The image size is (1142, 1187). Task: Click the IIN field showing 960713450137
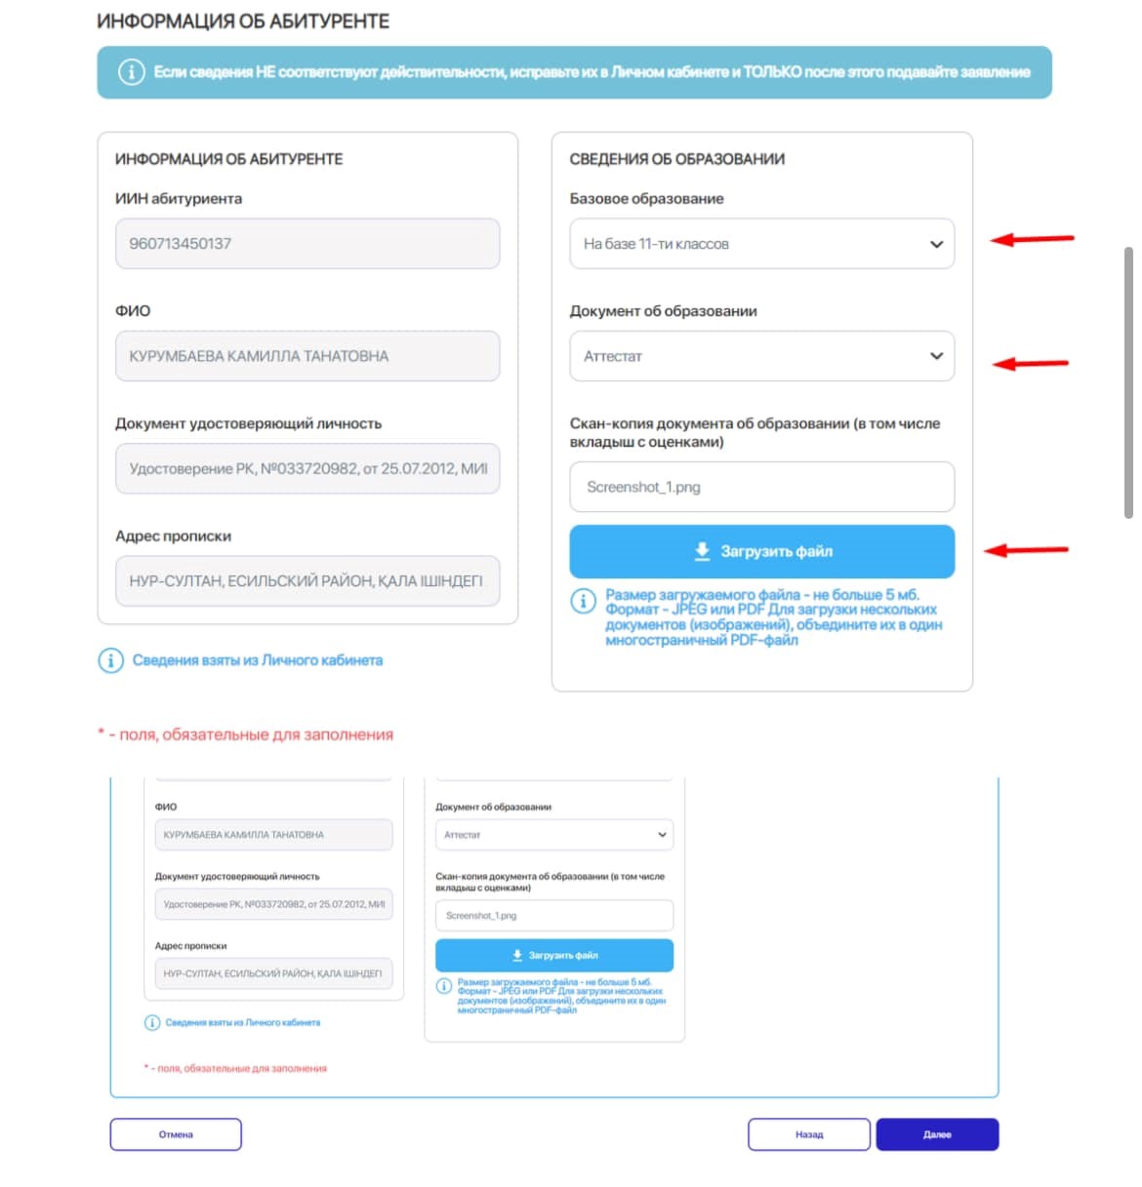306,244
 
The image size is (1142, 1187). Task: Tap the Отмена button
176,1134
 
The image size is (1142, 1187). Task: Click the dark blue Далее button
937,1134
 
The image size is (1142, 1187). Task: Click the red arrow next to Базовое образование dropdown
1032,239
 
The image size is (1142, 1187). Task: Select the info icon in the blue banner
132,72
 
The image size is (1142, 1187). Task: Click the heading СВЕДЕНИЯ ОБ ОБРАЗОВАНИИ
676,159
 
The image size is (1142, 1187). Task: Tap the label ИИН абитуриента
179,199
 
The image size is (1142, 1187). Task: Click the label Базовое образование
646,199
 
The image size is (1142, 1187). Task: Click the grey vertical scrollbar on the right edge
1128,380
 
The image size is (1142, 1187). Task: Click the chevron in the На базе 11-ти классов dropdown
936,245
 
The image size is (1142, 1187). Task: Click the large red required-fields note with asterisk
246,734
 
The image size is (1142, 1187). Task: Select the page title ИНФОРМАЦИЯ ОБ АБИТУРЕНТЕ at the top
243,21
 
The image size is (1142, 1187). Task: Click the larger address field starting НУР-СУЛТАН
306,581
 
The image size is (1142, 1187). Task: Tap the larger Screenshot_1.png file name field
761,487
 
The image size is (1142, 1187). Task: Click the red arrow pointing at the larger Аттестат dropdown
1031,364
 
